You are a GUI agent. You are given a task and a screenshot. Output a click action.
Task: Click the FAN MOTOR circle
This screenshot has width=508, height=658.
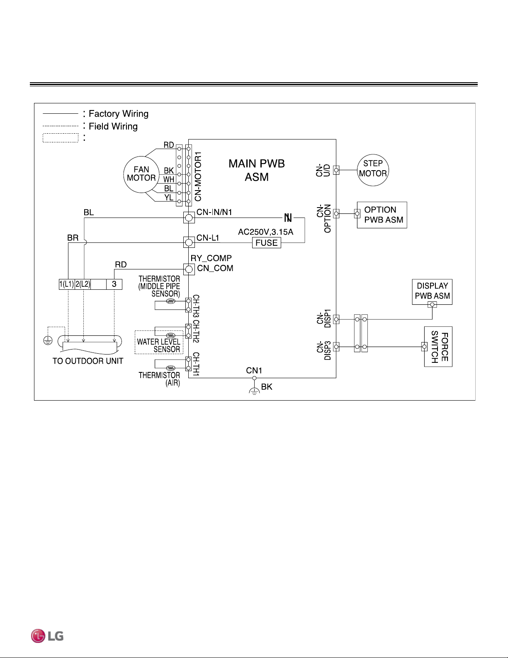pos(124,174)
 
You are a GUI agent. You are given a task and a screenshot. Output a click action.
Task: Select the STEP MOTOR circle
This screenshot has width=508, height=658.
pos(357,170)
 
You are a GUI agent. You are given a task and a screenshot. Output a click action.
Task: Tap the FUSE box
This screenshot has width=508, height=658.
pos(266,242)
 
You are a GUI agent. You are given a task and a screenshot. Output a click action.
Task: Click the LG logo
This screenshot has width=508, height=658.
pos(47,636)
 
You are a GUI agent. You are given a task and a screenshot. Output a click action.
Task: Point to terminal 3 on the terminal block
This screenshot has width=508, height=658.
pos(114,284)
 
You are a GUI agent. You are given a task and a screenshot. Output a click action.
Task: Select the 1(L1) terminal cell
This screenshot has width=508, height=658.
pos(66,284)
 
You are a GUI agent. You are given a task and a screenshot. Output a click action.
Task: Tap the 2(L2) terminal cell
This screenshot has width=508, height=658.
pos(83,284)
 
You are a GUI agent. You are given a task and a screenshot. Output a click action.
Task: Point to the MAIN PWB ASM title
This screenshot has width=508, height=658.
pos(257,170)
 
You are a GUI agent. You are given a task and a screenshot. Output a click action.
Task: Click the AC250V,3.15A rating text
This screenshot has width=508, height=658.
pos(265,232)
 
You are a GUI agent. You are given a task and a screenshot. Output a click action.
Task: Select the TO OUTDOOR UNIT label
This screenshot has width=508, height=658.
pos(88,361)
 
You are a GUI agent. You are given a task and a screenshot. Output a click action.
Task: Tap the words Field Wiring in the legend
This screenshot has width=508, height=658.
pos(113,126)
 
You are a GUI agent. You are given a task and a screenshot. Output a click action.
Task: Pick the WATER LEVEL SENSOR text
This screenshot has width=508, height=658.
pos(159,345)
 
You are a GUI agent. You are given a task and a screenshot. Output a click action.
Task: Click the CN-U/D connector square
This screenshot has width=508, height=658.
pos(336,170)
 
